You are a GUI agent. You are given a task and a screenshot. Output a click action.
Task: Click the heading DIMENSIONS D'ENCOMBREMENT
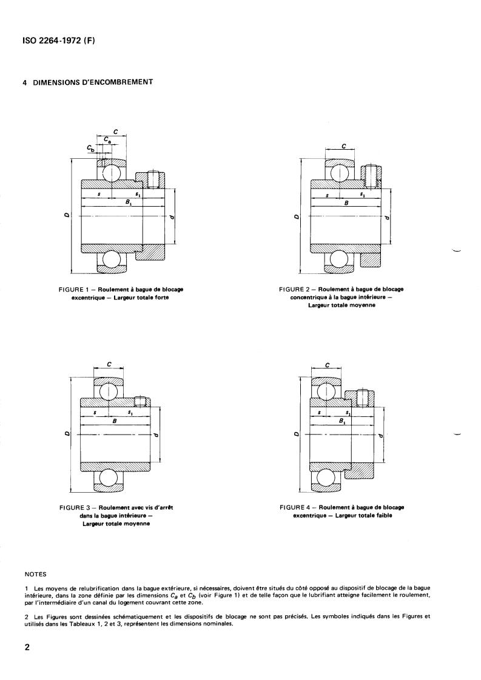tap(88, 82)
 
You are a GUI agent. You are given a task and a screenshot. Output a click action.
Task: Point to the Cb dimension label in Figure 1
tap(90, 148)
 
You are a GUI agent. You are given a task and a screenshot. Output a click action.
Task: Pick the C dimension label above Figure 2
tap(344, 146)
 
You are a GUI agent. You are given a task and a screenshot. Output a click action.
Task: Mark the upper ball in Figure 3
tap(109, 391)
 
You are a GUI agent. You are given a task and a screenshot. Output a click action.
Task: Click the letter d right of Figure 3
tap(156, 434)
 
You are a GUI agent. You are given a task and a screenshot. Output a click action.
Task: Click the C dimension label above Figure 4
tap(328, 365)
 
